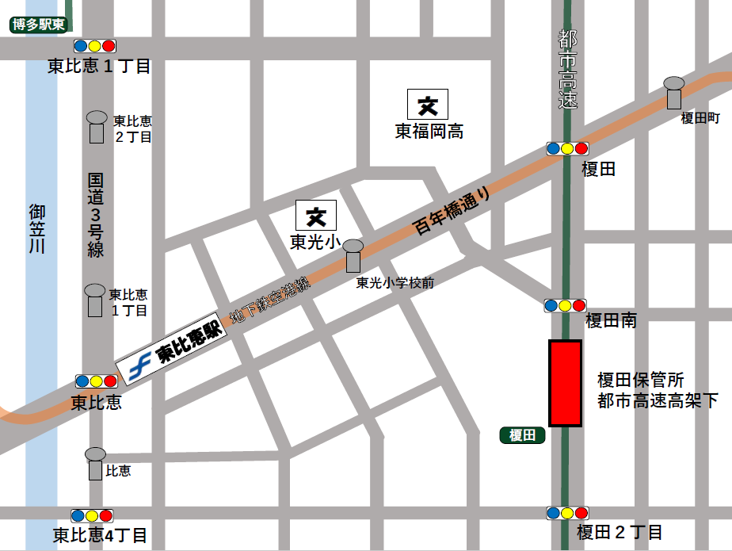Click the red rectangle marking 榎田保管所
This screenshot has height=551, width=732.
(566, 384)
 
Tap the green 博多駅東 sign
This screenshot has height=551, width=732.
(37, 25)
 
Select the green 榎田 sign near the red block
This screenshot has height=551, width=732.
(523, 435)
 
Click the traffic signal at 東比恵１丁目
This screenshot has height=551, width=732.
(95, 46)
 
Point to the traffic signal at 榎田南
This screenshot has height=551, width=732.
(565, 305)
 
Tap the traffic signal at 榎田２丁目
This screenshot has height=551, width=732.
(567, 513)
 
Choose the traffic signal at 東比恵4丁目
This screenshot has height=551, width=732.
(92, 515)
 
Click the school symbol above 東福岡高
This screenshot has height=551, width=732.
(428, 105)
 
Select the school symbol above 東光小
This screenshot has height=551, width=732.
(316, 215)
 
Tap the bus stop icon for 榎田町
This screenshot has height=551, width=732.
(674, 93)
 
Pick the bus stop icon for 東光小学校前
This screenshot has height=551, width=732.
(353, 257)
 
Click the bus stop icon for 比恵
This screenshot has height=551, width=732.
(95, 463)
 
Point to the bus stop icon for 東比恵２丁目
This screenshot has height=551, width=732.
(96, 127)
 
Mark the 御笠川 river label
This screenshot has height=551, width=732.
(37, 229)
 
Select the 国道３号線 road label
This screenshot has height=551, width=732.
(96, 214)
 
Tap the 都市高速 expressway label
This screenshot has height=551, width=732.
(567, 70)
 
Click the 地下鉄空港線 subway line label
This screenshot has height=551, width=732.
(269, 302)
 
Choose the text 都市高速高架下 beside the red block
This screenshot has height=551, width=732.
(658, 401)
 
